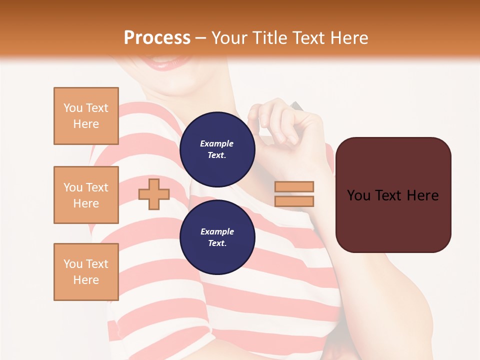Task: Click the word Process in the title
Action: (157, 38)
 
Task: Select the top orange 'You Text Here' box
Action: (86, 116)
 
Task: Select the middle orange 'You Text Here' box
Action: (86, 195)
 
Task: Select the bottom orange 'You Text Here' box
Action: (86, 272)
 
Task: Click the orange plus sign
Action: (154, 194)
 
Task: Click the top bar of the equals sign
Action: (294, 186)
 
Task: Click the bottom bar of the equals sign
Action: (294, 201)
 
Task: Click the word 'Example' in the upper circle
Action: (216, 143)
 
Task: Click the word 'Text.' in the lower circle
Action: (217, 243)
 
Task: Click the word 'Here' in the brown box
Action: (422, 195)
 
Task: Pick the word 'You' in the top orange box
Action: (73, 108)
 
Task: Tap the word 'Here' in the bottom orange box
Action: (86, 280)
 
